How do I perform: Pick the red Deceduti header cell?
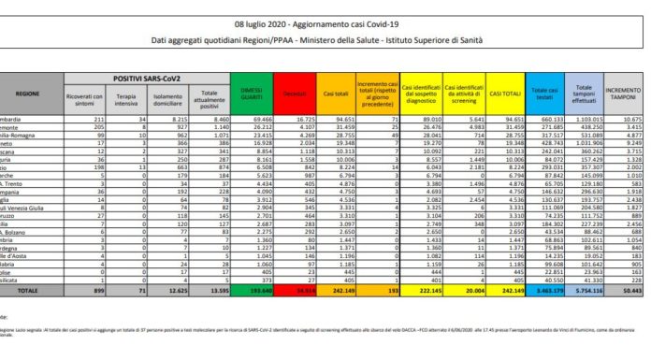[285, 94]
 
